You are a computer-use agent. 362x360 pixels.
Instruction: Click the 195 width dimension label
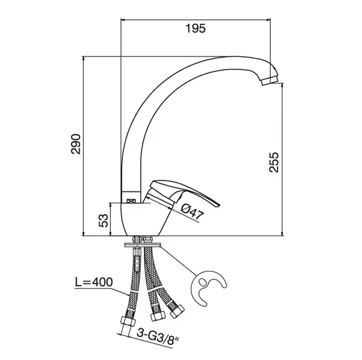point(195,28)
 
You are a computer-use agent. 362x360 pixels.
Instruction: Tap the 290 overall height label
point(76,144)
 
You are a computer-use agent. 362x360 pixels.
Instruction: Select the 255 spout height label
point(274,162)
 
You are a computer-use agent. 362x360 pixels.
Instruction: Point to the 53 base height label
point(103,220)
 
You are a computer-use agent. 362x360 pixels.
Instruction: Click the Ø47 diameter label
point(191,212)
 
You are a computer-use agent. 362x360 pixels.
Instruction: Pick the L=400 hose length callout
point(93,282)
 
